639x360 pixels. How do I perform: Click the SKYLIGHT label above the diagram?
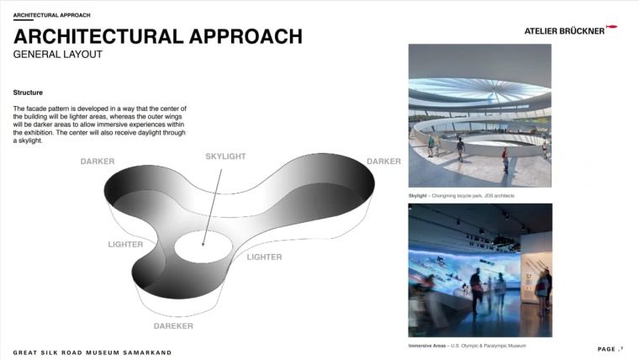pos(225,156)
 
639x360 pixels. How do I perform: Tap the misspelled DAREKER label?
pos(173,326)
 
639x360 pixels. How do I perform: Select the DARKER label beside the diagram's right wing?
pos(383,161)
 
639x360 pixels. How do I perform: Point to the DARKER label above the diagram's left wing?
pos(98,161)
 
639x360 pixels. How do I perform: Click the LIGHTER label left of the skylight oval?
pos(125,245)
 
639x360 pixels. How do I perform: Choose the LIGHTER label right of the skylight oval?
pos(264,257)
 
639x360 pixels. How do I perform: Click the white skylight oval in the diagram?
pos(203,246)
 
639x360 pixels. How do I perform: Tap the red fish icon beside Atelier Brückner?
pos(612,27)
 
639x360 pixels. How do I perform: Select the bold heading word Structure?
pos(28,93)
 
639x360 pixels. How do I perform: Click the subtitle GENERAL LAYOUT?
pos(57,55)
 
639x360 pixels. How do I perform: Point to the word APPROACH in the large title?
pos(246,36)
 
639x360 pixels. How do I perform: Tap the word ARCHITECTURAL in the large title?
pos(98,36)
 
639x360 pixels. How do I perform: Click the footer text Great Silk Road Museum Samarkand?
pos(92,352)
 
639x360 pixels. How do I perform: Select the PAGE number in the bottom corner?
pos(610,349)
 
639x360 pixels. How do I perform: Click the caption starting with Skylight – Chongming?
pos(462,196)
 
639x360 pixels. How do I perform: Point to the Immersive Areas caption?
pos(467,346)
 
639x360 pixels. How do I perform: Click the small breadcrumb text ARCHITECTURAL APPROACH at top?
pos(52,15)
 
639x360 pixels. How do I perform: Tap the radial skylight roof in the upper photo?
pos(480,91)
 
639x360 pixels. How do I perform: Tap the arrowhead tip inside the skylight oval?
pos(203,246)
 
